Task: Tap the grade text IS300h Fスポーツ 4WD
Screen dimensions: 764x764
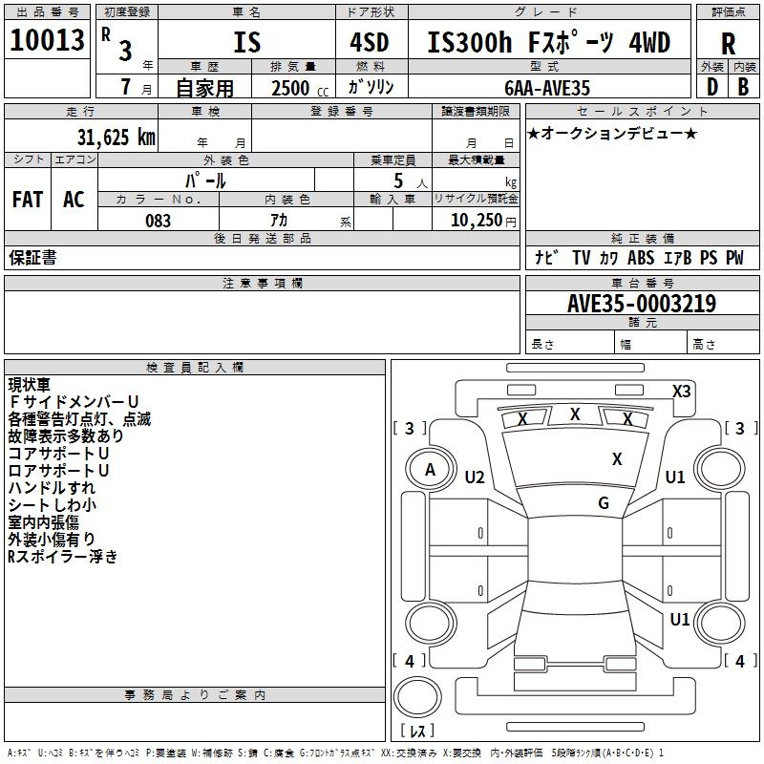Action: [548, 43]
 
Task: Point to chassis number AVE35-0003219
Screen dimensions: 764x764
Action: [641, 304]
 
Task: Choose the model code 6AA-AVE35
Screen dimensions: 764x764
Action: [547, 88]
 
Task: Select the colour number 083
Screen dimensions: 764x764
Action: [158, 221]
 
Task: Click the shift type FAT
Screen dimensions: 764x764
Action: [28, 199]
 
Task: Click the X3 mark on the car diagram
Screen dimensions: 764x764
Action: [681, 391]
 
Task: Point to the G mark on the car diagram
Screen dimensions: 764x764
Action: [604, 503]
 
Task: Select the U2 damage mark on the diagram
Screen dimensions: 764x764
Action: [475, 477]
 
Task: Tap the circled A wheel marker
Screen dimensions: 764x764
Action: [430, 470]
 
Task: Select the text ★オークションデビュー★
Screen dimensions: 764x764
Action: [612, 133]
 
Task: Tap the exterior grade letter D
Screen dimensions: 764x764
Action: [711, 88]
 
